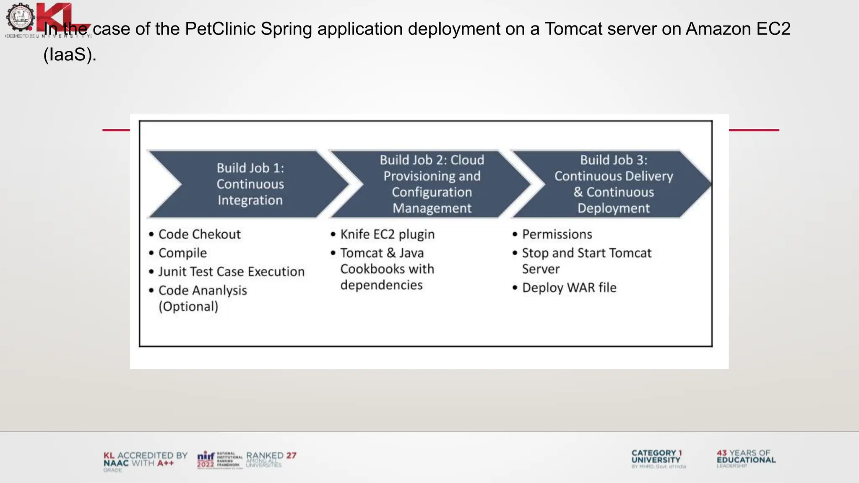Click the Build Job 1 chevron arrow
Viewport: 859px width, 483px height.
click(x=250, y=184)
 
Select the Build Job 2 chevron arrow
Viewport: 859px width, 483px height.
click(x=432, y=184)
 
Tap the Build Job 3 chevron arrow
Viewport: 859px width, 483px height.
click(x=613, y=184)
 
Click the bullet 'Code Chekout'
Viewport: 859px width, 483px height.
click(x=200, y=234)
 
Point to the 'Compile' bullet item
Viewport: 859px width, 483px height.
click(x=182, y=253)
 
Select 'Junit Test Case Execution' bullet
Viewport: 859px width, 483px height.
click(x=232, y=272)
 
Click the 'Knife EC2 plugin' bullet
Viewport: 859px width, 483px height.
click(x=387, y=234)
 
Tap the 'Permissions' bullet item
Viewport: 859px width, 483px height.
click(x=557, y=234)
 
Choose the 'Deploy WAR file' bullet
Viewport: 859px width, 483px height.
click(x=569, y=288)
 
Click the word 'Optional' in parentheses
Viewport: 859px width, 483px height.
click(x=188, y=306)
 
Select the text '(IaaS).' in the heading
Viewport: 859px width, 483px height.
click(x=70, y=55)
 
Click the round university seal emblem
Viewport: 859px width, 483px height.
click(x=20, y=17)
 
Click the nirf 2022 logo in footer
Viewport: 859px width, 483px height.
click(x=206, y=460)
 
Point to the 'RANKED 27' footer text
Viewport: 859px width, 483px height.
click(x=271, y=456)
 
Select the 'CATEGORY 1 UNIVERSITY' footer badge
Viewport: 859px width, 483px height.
click(x=656, y=457)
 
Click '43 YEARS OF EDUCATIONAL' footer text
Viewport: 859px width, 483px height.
click(x=746, y=457)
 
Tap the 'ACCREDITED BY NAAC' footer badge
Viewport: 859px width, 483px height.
click(x=145, y=460)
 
